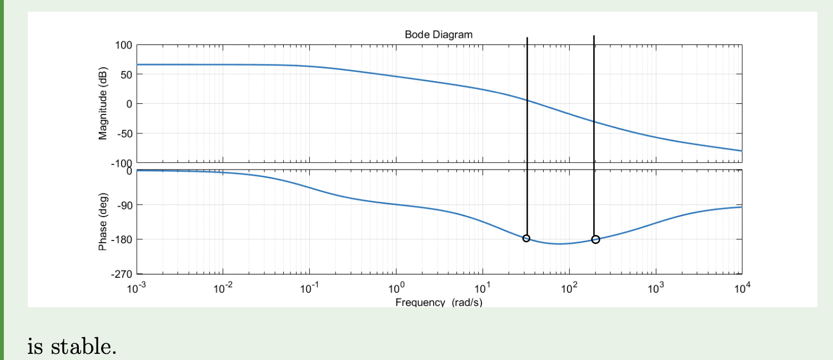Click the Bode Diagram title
[439, 34]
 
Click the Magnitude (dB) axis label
[103, 104]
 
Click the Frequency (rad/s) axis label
[439, 302]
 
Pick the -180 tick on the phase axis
[121, 239]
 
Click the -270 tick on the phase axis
[121, 274]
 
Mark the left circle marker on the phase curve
[526, 238]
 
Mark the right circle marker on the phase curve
[595, 239]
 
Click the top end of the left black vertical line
[527, 38]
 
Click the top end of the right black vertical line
[594, 37]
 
